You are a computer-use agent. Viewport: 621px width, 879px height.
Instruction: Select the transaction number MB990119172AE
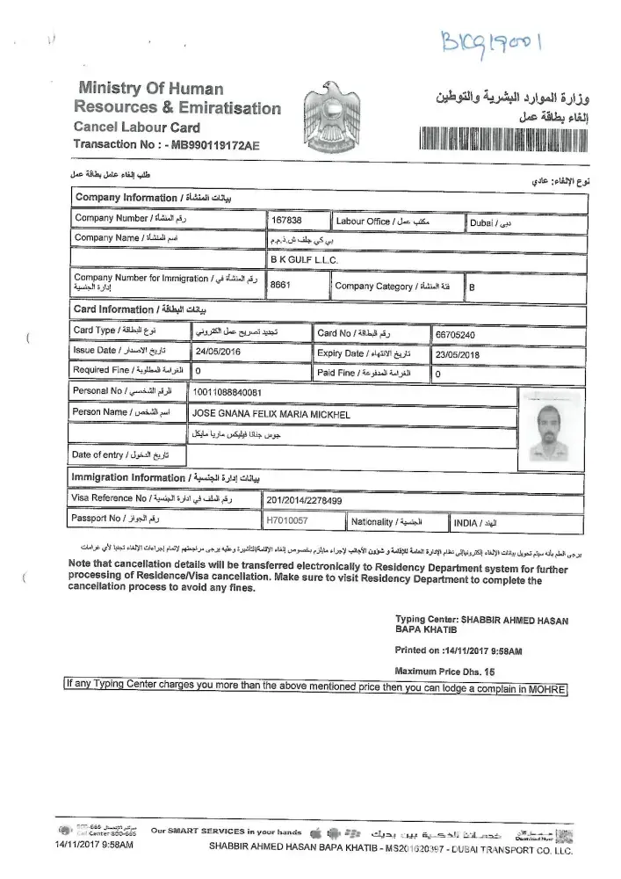[x=211, y=143]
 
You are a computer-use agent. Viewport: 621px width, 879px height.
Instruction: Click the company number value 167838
[x=286, y=222]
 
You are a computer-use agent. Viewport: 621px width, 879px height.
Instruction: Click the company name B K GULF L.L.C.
[x=302, y=260]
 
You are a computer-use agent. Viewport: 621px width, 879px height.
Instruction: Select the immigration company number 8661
[x=280, y=286]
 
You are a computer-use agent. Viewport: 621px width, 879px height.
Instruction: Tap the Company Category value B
[x=473, y=287]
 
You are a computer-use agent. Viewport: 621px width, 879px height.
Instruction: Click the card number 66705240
[x=454, y=335]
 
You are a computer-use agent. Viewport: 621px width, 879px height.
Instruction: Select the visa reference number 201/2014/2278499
[x=305, y=501]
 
